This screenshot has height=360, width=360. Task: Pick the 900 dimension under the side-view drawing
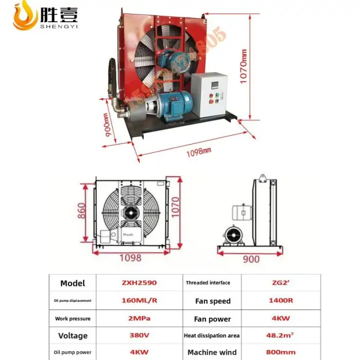251,259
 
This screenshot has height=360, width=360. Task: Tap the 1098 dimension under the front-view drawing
130,258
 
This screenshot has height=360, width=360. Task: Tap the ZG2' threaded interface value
281,283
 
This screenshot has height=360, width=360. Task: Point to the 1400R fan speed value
281,301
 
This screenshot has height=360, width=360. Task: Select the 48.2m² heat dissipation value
281,335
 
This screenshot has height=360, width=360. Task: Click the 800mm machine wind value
281,352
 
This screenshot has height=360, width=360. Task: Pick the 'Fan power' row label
212,319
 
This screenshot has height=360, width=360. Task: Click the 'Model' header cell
73,283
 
